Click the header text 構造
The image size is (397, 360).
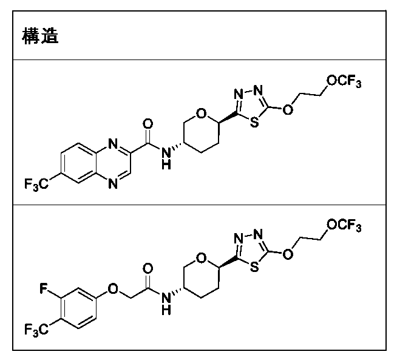40,36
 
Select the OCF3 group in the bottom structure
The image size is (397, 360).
344,226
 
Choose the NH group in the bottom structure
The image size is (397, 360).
167,305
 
